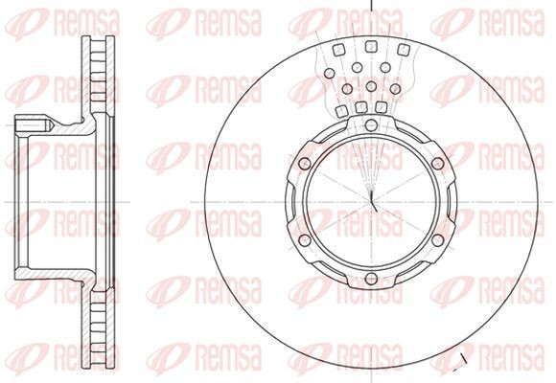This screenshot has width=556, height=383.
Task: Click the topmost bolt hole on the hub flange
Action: [371, 124]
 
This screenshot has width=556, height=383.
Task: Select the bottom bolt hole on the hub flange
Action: [371, 278]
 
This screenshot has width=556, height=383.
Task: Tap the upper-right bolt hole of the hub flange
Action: [438, 164]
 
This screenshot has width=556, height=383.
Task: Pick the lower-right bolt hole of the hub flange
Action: [438, 240]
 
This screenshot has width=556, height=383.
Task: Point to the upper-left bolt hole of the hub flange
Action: [304, 164]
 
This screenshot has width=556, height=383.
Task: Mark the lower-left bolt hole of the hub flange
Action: [304, 240]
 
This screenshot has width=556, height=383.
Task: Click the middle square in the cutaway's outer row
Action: [371, 46]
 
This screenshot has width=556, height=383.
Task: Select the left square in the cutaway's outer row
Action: [339, 50]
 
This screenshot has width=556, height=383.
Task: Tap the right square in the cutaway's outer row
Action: [404, 50]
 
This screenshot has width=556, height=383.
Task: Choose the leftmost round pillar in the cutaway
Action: [330, 74]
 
